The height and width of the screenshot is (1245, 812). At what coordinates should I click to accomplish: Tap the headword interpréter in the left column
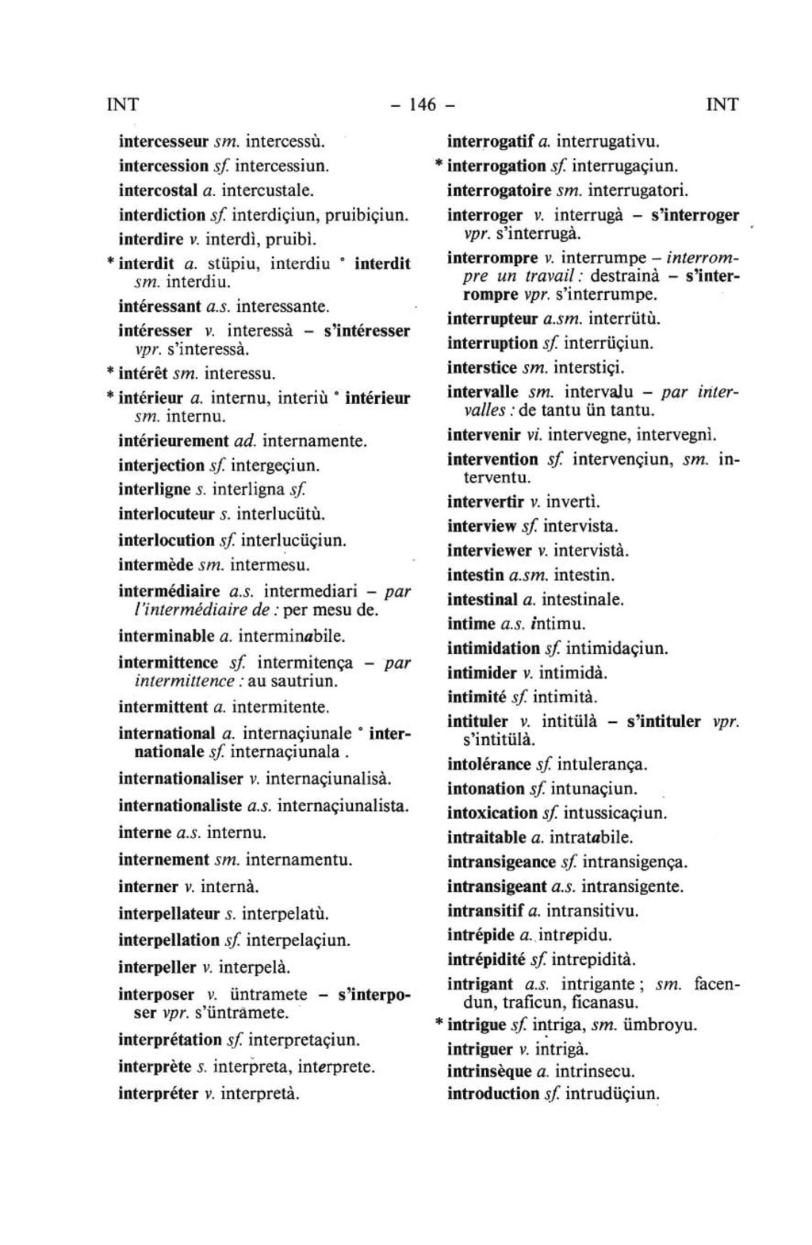[x=158, y=1093]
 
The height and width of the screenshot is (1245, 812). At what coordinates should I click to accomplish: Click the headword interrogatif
[x=492, y=142]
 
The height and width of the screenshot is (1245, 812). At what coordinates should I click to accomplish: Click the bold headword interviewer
[x=489, y=550]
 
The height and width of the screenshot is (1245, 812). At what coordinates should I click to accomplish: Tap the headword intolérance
[x=489, y=765]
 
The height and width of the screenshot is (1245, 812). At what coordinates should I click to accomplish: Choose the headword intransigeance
[x=502, y=862]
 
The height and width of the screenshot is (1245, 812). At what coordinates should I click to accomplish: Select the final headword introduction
[x=493, y=1093]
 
